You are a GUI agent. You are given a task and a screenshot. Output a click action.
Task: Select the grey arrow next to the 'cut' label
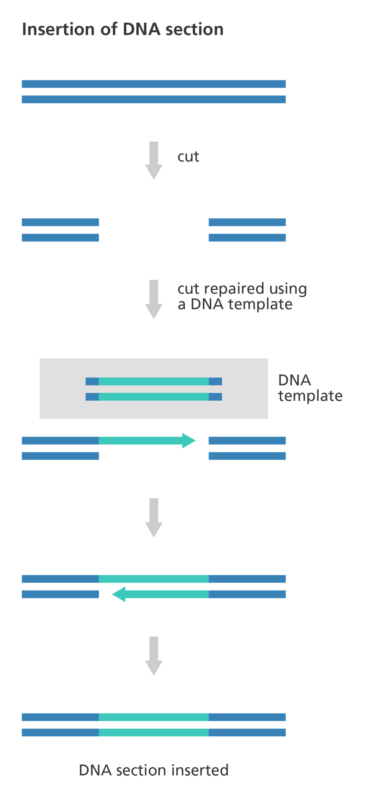pyautogui.click(x=154, y=160)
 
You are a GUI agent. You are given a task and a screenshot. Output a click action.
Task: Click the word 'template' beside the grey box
pyautogui.click(x=310, y=396)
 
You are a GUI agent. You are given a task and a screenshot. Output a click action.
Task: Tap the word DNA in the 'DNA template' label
pyautogui.click(x=295, y=380)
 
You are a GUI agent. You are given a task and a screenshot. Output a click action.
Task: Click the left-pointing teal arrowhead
pyautogui.click(x=119, y=594)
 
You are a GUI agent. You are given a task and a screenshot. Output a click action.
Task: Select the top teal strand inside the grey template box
pyautogui.click(x=154, y=381)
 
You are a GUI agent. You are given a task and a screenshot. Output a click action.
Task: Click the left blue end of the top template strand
pyautogui.click(x=92, y=381)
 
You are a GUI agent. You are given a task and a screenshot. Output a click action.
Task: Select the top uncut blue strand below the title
pyautogui.click(x=154, y=84)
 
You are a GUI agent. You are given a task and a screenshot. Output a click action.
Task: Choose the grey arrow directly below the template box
pyautogui.click(x=154, y=517)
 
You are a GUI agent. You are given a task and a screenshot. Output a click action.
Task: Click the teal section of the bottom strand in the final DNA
pyautogui.click(x=154, y=732)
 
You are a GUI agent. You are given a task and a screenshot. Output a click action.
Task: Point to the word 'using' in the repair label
pyautogui.click(x=288, y=289)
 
